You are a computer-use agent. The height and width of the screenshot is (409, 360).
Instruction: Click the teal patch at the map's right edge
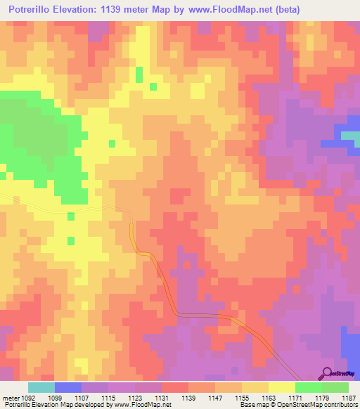pos(350,136)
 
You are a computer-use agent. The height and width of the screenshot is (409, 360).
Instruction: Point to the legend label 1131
pos(162,398)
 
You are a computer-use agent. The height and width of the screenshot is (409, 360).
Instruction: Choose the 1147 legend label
pos(215,398)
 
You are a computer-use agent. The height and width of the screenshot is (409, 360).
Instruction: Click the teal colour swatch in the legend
pos(41,387)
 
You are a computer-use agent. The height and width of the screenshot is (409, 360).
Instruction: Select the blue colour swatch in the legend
pos(68,387)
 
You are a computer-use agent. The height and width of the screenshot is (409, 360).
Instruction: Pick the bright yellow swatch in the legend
pos(282,387)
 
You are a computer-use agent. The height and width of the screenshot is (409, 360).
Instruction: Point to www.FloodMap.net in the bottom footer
pos(139,405)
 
